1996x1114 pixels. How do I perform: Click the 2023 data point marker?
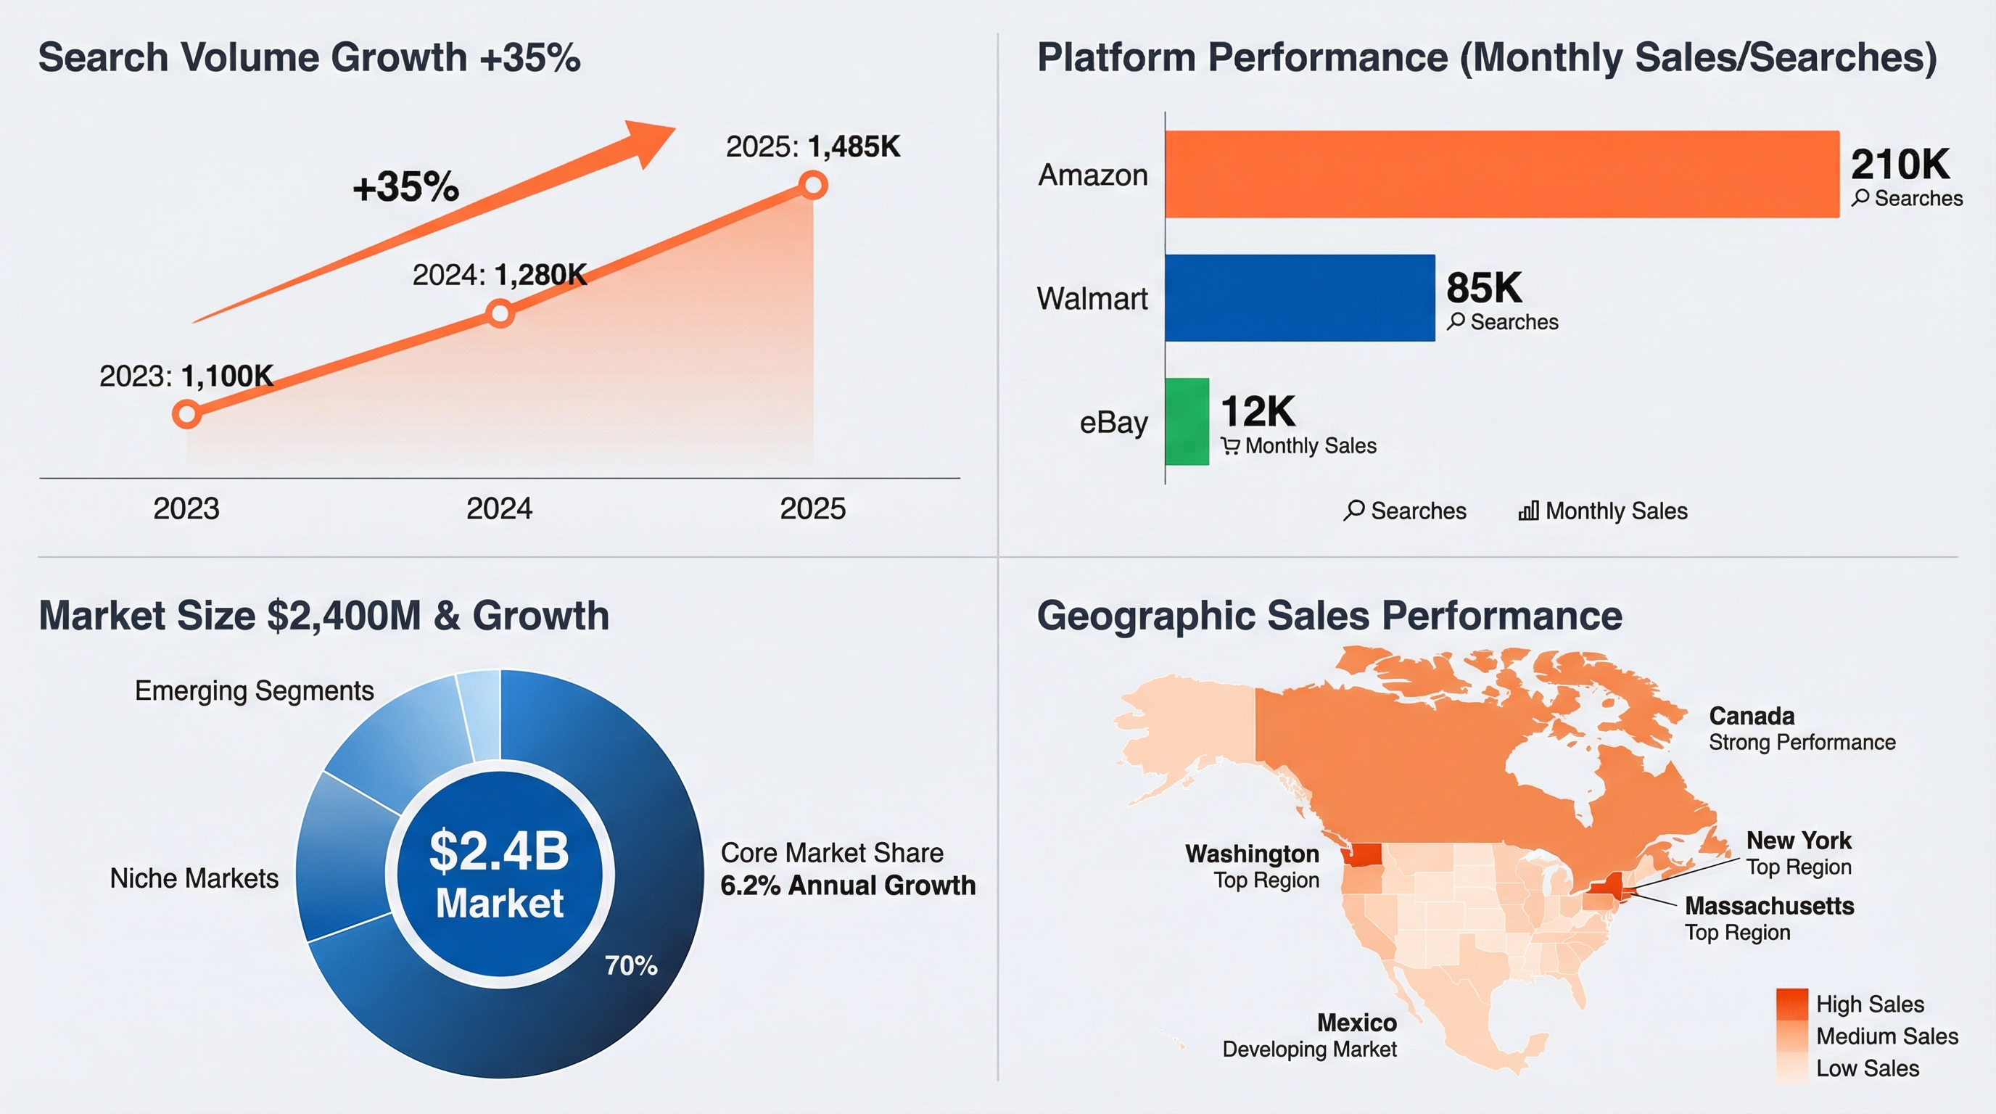coord(186,413)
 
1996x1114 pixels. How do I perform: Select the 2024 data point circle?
coord(500,313)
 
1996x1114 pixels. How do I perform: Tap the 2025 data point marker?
coord(814,185)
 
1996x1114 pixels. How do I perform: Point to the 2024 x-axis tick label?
coord(499,509)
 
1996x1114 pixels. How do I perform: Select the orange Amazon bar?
coord(1501,174)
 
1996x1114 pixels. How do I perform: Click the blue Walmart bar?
coord(1300,297)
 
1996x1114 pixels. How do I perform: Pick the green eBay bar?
coord(1187,421)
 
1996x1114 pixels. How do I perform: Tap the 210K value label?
coord(1900,164)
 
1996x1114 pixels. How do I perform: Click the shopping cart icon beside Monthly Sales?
coord(1229,446)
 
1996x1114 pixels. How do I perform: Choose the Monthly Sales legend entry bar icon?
coord(1528,511)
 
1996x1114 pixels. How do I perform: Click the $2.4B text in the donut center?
coord(500,851)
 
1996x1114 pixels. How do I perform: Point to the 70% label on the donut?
coord(631,965)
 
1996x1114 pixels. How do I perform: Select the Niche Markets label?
coord(194,878)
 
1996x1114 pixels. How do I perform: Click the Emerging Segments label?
coord(254,690)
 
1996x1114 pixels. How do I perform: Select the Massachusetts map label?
coord(1769,906)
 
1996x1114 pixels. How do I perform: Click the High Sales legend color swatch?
coord(1791,1004)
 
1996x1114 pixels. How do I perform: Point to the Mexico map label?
coord(1357,1023)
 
